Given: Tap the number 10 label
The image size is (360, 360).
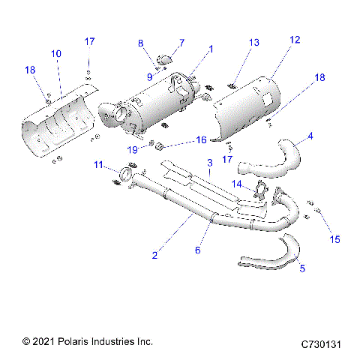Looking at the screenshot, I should point(56,53).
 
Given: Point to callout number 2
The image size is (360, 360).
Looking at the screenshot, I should point(155,255).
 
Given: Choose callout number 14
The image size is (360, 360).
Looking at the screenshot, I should point(237,183).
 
